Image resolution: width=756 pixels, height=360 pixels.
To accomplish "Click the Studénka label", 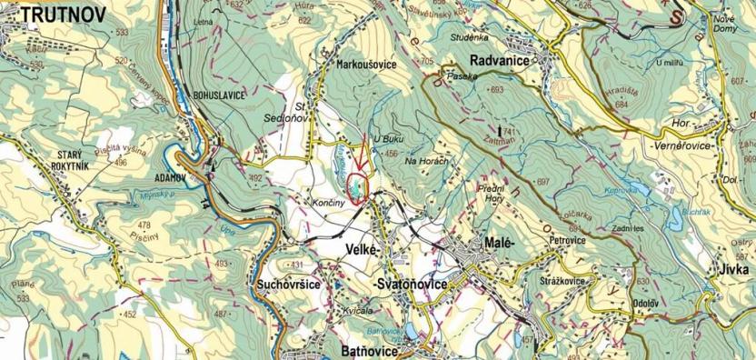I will tap(470, 39).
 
